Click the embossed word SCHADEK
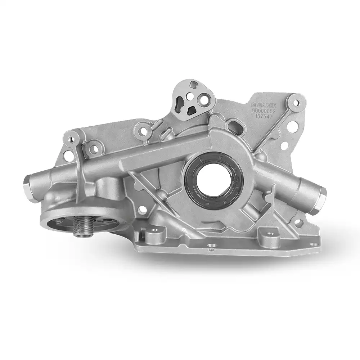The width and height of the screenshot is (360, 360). click(x=265, y=105)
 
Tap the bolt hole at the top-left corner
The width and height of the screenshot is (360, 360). click(x=74, y=138)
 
